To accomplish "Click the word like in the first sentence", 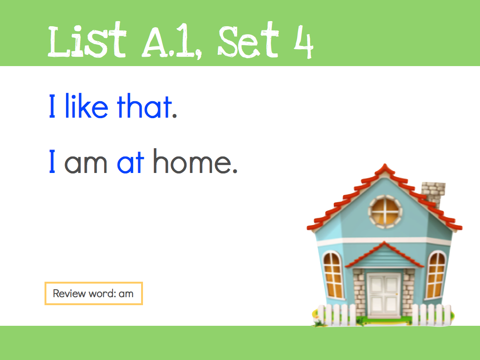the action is (86, 106).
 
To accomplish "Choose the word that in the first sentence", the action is (144, 106).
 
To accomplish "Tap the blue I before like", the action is (52, 106).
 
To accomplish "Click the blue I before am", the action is (52, 161).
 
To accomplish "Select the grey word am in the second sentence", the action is (86, 164).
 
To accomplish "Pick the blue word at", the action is (130, 162).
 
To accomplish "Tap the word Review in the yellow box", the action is (69, 293).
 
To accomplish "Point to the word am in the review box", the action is (126, 294).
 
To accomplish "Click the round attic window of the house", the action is (385, 211).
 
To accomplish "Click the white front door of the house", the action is (384, 295).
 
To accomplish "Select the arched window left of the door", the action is (333, 275).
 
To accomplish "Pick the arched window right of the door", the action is (436, 275).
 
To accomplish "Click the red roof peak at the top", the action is (385, 168).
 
